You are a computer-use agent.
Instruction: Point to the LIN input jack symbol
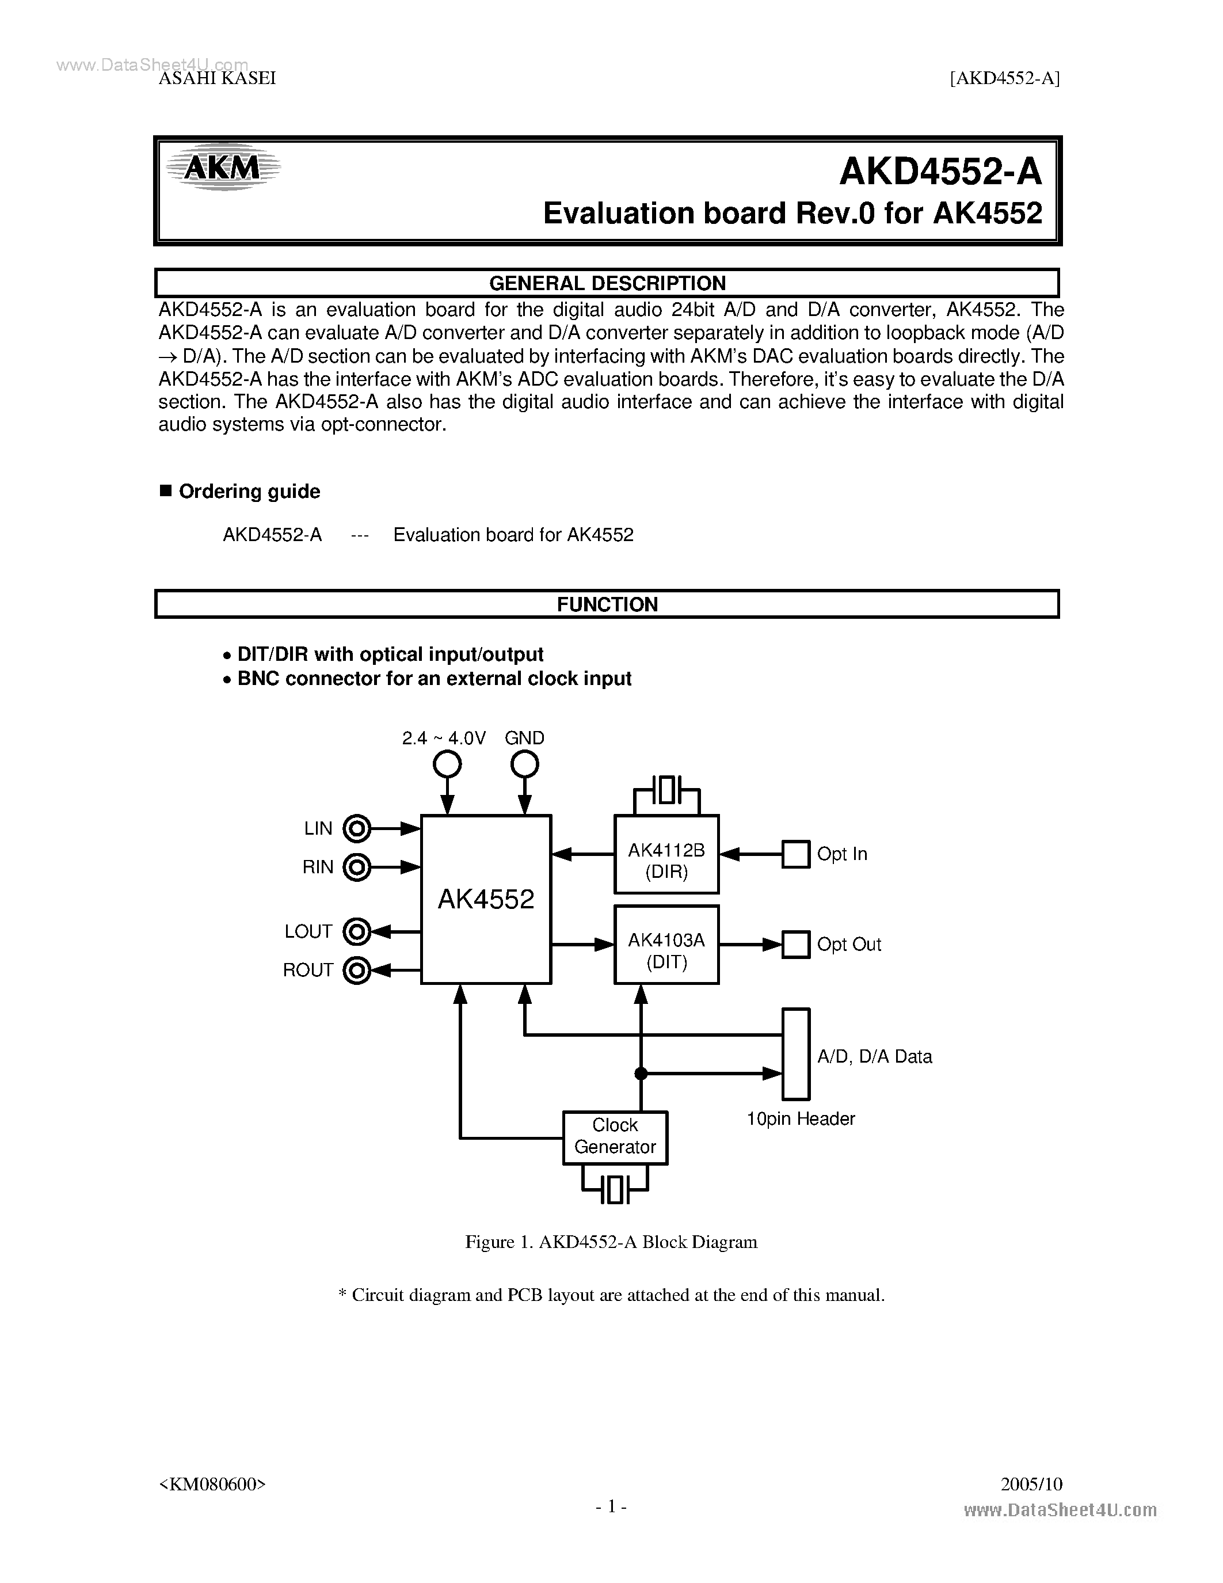[x=356, y=828]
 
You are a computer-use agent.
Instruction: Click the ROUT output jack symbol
[x=356, y=970]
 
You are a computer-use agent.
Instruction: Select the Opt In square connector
[x=795, y=854]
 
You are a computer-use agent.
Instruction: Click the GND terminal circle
[x=524, y=764]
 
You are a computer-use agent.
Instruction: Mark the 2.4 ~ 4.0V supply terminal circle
[x=447, y=764]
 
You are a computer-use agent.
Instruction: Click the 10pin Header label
[x=801, y=1119]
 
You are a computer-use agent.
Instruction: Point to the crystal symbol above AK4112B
[x=666, y=790]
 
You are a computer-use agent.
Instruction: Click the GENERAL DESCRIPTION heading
[x=607, y=283]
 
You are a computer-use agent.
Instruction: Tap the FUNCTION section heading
[x=607, y=604]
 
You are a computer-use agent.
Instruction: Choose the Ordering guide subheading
[x=249, y=492]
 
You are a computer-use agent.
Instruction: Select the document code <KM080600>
[x=212, y=1483]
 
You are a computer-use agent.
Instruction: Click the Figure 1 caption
[x=611, y=1242]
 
